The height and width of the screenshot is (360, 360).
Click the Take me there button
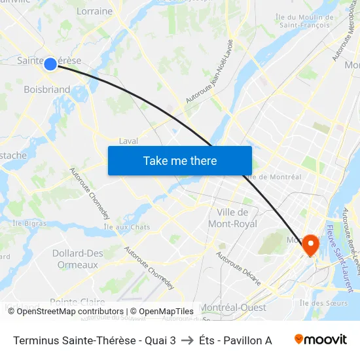180,160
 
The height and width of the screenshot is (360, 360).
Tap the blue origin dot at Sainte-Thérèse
50,63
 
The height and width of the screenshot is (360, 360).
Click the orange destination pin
308,245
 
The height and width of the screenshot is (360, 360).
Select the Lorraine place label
95,11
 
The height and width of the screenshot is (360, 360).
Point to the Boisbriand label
46,90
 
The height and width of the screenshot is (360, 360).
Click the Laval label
128,141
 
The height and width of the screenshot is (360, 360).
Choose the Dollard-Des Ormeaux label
78,259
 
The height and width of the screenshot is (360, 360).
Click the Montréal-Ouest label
233,308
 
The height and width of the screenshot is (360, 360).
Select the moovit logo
320,339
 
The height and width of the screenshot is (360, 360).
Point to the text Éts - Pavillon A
236,340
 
